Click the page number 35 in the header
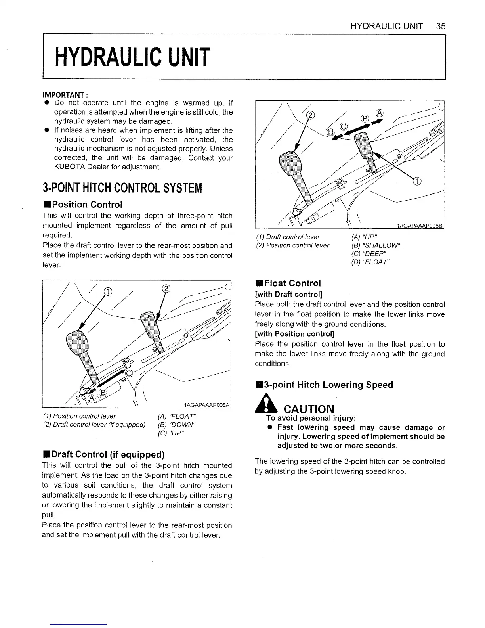[440, 26]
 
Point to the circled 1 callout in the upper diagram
[416, 181]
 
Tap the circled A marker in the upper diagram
[379, 113]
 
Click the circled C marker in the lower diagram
[128, 373]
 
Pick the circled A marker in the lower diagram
[91, 398]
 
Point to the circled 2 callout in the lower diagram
[166, 288]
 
